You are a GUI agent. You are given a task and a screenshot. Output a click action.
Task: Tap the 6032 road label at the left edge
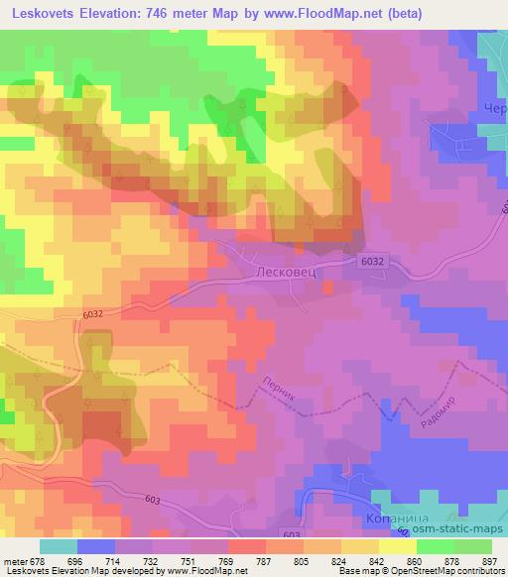pyautogui.click(x=92, y=314)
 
